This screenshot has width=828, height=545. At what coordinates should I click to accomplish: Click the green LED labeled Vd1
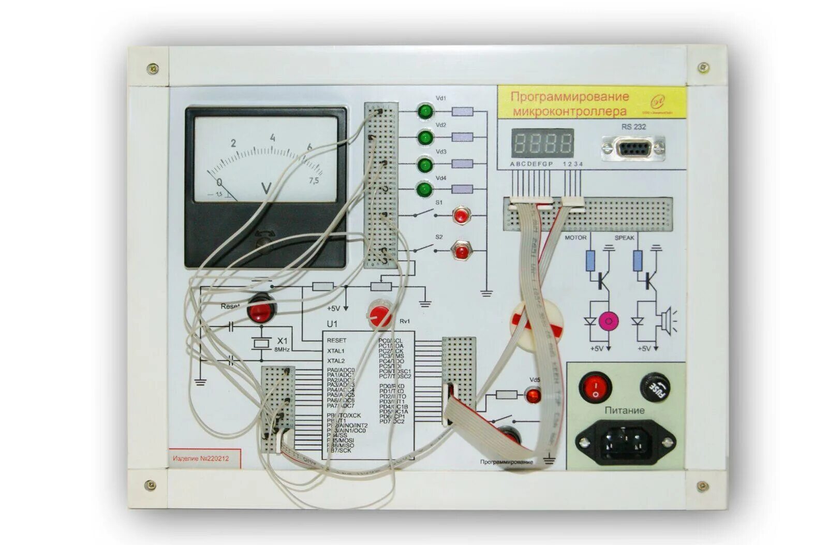[425, 111]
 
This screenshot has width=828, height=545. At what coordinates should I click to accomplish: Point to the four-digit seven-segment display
[542, 143]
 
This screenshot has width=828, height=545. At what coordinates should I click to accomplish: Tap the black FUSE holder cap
[655, 387]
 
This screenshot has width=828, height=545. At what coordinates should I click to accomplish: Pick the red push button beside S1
[460, 214]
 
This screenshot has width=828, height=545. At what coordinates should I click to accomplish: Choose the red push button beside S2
[460, 251]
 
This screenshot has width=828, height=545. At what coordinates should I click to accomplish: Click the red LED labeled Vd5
[533, 395]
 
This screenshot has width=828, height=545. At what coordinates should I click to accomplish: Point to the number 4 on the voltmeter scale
[272, 138]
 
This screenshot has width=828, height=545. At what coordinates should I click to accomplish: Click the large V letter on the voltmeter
[267, 188]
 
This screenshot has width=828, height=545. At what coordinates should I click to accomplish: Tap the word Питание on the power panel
[625, 410]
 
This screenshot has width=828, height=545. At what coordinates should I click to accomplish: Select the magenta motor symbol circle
[608, 321]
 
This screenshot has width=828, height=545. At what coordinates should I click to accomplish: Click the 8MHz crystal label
[282, 350]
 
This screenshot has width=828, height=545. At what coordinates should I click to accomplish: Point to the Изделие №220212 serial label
[201, 458]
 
